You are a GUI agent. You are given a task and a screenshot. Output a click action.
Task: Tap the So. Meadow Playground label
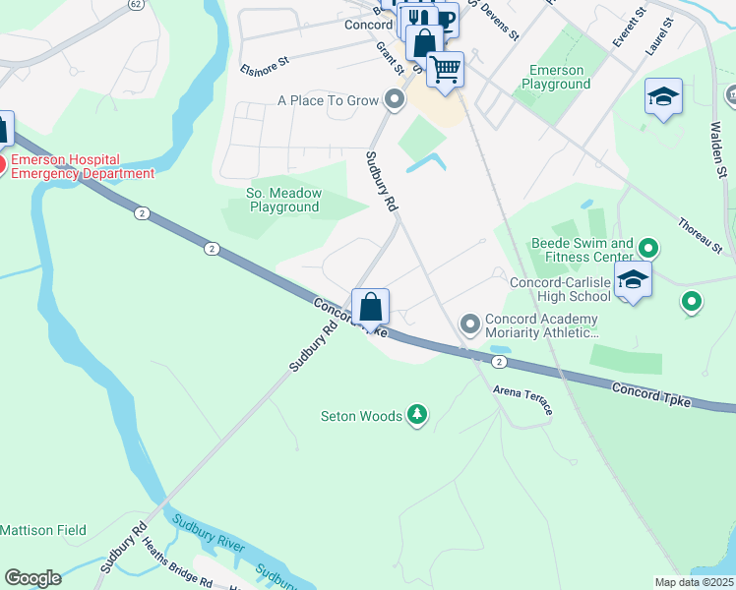284,201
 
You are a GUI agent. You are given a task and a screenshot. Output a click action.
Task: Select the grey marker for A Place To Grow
395,99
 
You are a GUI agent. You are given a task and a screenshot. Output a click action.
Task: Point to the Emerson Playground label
557,78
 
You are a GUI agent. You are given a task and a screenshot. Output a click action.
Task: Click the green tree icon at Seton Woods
418,416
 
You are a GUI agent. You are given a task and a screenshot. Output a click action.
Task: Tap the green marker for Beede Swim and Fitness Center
647,247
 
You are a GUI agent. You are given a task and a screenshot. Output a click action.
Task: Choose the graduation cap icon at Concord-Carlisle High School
633,279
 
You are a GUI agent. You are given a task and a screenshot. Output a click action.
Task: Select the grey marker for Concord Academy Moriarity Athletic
469,323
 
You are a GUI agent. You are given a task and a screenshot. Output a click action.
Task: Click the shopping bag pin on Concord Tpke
370,308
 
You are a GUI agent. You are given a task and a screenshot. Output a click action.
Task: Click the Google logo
32,577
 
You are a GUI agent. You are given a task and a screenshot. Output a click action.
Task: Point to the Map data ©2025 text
693,582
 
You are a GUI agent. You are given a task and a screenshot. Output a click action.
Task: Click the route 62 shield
134,5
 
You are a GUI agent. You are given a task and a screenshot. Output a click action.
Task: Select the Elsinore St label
264,65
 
